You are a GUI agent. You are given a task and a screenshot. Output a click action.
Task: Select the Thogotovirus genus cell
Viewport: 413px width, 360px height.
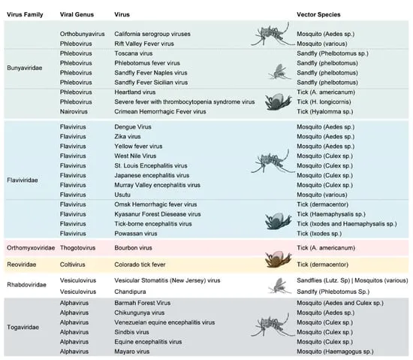click(x=80, y=246)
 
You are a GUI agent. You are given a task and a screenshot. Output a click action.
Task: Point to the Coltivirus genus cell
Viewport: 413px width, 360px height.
click(x=76, y=263)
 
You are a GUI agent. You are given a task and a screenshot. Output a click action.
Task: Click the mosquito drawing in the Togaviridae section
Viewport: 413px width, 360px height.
click(x=272, y=325)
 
